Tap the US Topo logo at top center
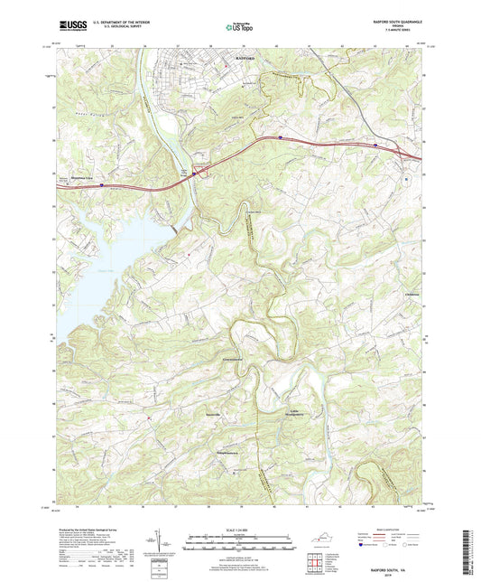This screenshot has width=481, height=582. pos(237,27)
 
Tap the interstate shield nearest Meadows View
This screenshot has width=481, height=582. pos(102,186)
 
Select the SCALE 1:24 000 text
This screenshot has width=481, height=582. pos(240,529)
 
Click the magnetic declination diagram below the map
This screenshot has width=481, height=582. pos(164,545)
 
